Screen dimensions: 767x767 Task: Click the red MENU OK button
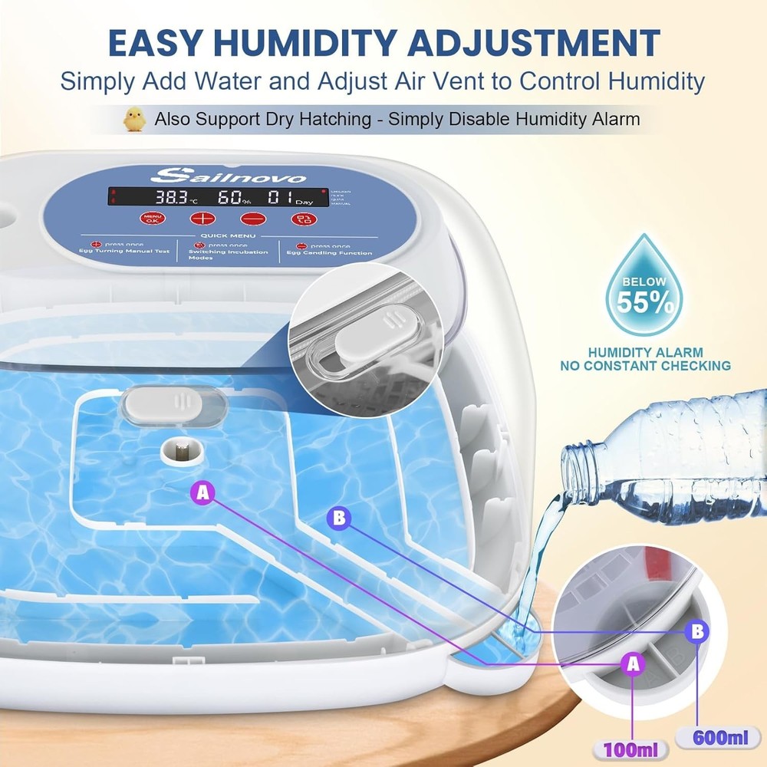tap(153, 218)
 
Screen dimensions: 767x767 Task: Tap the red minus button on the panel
tap(248, 219)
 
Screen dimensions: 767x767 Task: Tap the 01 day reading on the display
tap(278, 198)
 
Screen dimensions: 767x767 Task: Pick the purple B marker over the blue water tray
tap(338, 518)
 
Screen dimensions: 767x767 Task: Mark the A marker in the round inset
tap(632, 664)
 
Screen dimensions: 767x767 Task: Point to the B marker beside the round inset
tap(696, 630)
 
